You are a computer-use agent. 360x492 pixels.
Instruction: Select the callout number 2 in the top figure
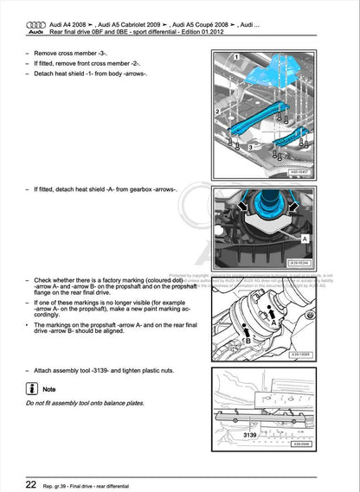pos(218,112)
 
